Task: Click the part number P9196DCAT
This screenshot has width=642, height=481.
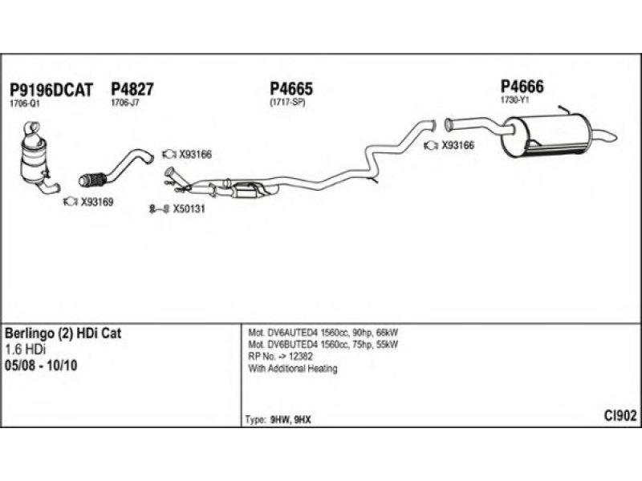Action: (x=49, y=90)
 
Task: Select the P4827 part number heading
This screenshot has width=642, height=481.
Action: (x=132, y=90)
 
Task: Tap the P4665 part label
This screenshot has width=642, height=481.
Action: (x=291, y=90)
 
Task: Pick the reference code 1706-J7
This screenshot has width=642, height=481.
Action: (x=124, y=103)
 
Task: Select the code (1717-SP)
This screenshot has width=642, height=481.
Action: (x=287, y=103)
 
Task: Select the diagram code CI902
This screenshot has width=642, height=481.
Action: (x=620, y=415)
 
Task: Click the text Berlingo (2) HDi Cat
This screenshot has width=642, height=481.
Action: (x=63, y=334)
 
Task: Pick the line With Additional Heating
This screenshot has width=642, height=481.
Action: (x=293, y=369)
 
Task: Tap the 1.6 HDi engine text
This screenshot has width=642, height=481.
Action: (x=26, y=350)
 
